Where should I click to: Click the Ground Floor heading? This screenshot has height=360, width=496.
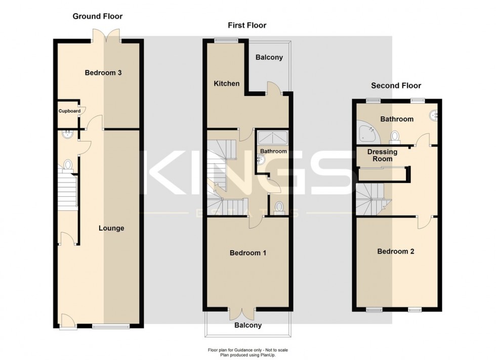[97, 16]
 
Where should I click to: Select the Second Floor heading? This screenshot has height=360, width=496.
[396, 85]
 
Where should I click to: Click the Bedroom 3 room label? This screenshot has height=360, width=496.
[103, 73]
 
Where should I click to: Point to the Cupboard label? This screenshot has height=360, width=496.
[69, 111]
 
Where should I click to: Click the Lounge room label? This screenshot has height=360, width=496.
[111, 228]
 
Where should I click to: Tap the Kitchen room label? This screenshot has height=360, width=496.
[226, 83]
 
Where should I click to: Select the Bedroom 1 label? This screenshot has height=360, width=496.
[248, 253]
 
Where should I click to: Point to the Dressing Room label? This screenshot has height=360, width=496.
[382, 155]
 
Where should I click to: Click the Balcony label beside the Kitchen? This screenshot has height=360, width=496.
[269, 57]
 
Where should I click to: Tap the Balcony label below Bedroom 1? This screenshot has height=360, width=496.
[248, 325]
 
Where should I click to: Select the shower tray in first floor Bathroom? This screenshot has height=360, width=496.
[272, 137]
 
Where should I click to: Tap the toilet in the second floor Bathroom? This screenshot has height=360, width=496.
[395, 136]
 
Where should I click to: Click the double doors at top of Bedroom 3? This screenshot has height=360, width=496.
[106, 36]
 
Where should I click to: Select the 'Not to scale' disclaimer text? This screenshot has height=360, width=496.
[248, 350]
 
